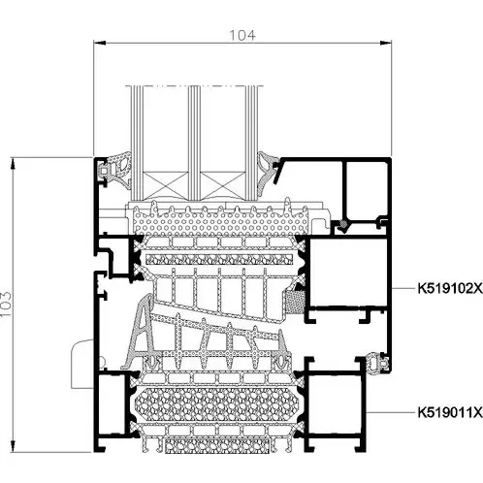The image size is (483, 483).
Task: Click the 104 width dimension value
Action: pyautogui.click(x=242, y=35)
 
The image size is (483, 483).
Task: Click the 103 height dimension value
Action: pyautogui.click(x=6, y=305)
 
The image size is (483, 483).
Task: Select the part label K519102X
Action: pyautogui.click(x=450, y=288)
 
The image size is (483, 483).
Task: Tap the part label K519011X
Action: pyautogui.click(x=450, y=412)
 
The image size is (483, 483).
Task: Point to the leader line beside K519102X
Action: pyautogui.click(x=403, y=288)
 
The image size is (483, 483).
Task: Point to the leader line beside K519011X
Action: pyautogui.click(x=391, y=412)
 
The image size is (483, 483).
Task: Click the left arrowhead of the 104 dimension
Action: pyautogui.click(x=100, y=43)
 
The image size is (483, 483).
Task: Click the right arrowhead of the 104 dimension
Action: pyautogui.click(x=385, y=43)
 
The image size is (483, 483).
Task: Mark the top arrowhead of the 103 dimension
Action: pyautogui.click(x=13, y=163)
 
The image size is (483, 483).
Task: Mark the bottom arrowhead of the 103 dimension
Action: pyautogui.click(x=13, y=445)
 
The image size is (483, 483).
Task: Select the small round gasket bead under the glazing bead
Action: pyautogui.click(x=343, y=224)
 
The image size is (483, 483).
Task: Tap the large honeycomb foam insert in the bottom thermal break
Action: pyautogui.click(x=215, y=404)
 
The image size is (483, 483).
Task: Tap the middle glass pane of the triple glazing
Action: pyautogui.click(x=194, y=144)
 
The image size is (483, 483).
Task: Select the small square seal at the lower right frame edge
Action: pyautogui.click(x=380, y=361)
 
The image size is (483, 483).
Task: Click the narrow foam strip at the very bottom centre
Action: pyautogui.click(x=217, y=446)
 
